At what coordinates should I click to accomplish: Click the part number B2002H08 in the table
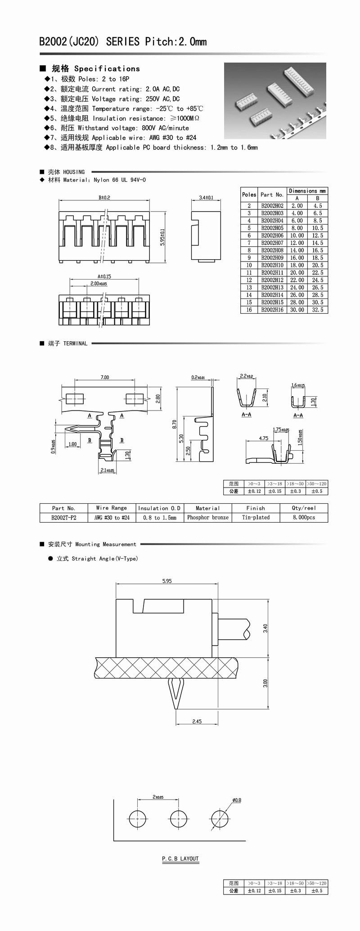(272, 250)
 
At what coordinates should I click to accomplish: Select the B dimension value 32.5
(318, 310)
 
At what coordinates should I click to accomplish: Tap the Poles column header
(249, 194)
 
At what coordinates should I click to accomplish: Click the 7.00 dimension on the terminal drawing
(104, 377)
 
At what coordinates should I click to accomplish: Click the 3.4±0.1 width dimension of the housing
(206, 198)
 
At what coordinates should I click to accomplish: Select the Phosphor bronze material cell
(207, 517)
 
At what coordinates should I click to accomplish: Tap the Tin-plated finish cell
(256, 517)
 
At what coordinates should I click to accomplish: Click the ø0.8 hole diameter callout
(237, 800)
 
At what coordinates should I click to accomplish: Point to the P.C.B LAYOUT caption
(180, 859)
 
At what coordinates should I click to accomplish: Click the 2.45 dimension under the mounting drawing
(197, 721)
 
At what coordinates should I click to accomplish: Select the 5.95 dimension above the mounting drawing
(166, 581)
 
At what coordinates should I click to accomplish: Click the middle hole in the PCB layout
(179, 818)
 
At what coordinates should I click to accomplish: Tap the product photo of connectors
(275, 100)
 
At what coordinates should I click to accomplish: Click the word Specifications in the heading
(107, 69)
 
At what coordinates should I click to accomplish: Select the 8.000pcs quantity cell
(304, 517)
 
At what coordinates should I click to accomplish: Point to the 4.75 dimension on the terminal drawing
(263, 438)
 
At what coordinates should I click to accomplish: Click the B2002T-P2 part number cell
(63, 517)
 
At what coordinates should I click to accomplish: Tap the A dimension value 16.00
(297, 258)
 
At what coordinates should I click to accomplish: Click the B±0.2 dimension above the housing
(104, 198)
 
